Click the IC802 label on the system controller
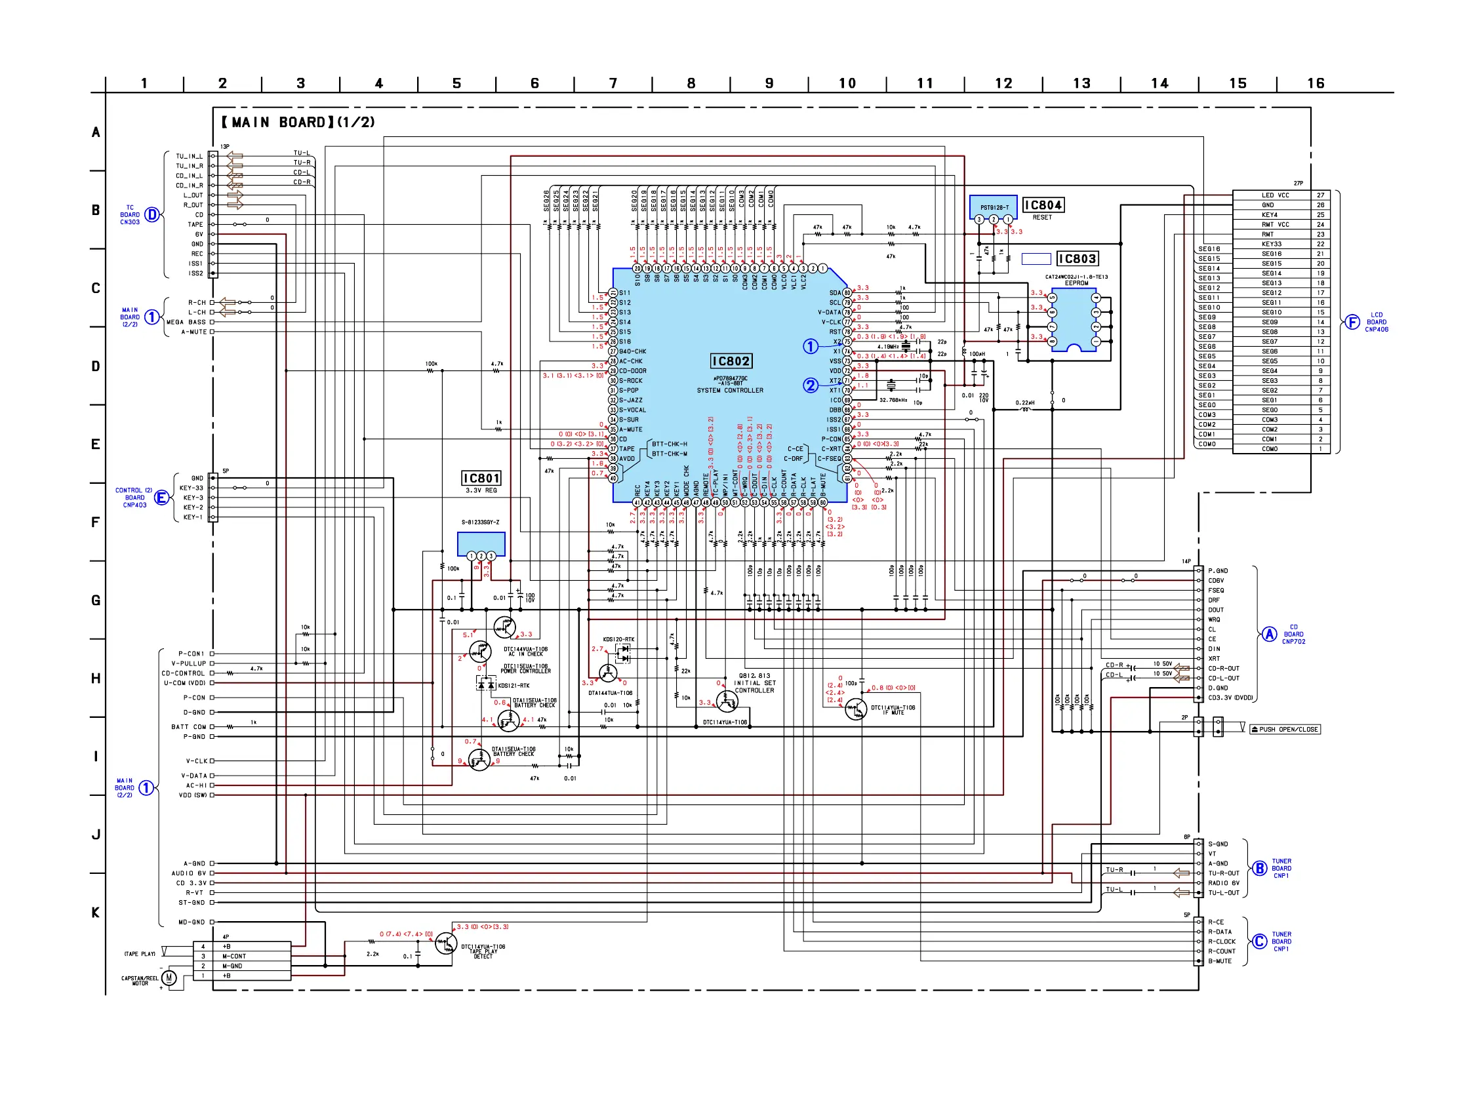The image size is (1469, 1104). point(731,361)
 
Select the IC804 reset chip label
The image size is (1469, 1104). point(1043,205)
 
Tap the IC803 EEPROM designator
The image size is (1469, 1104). point(1077,259)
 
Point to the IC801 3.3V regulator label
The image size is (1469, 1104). point(481,479)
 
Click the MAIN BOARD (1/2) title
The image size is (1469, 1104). point(298,122)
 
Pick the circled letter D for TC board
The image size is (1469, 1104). point(152,214)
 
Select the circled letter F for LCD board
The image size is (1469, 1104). point(1352,322)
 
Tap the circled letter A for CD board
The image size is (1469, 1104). point(1269,634)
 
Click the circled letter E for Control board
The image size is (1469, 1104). point(161,497)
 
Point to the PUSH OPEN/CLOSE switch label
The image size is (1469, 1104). point(1284,730)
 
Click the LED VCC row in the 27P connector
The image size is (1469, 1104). point(1275,195)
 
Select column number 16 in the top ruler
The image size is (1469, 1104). point(1316,84)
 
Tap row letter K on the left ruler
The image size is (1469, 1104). point(96,912)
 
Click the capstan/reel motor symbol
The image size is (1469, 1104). point(169,977)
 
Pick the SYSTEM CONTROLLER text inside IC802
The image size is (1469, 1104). point(730,390)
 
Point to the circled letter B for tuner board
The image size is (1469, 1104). point(1259,869)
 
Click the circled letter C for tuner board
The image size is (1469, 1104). point(1259,941)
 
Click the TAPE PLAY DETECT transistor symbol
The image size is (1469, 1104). point(445,943)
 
